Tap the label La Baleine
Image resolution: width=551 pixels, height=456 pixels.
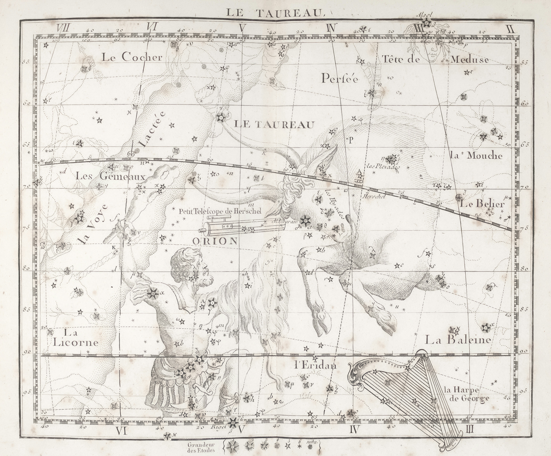(x=458, y=340)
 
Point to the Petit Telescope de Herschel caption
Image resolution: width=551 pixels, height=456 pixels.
(x=220, y=211)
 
